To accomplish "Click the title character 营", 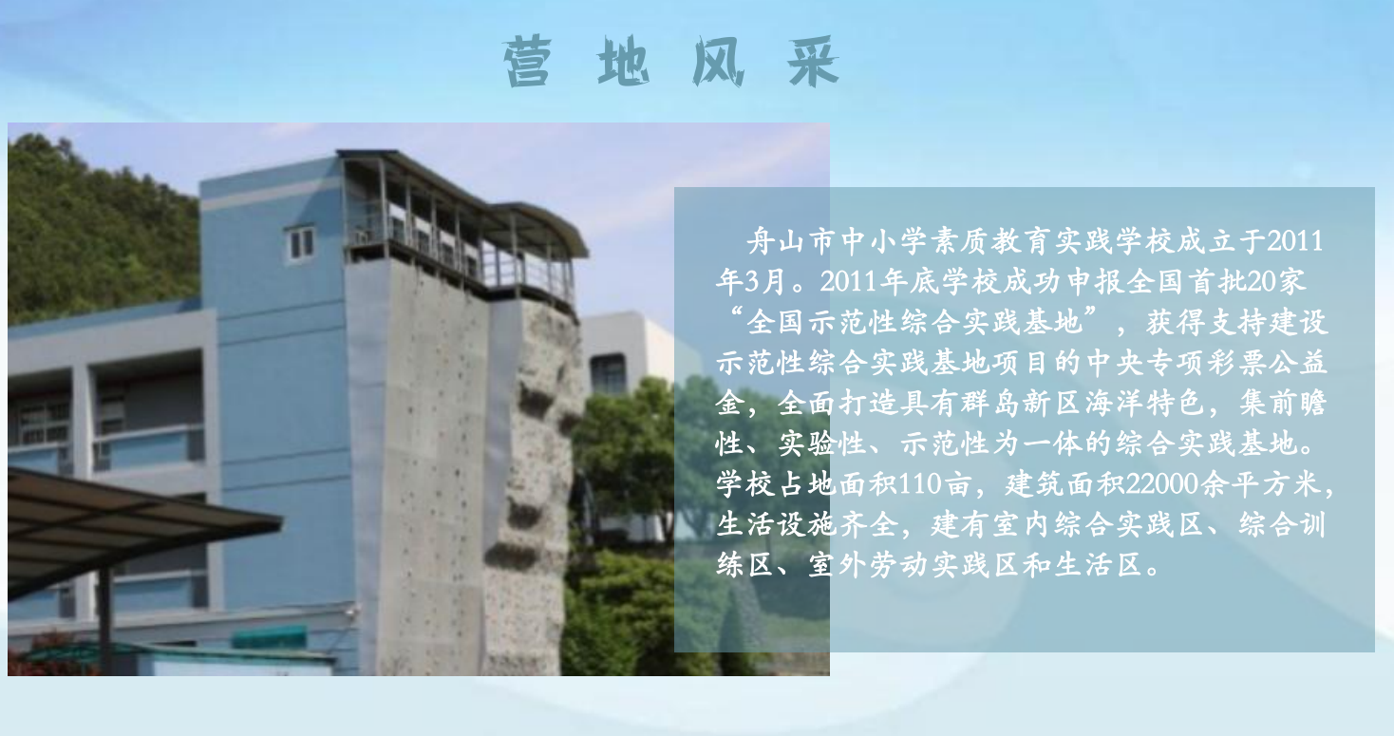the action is [527, 62].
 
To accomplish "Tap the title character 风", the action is [718, 62].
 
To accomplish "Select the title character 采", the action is [813, 62].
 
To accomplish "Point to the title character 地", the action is [623, 62].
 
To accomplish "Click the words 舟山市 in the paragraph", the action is [792, 242].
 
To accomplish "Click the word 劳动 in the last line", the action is [899, 565].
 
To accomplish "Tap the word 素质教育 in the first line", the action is [991, 242].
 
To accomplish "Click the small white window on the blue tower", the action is [301, 244].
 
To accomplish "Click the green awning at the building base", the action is [270, 637].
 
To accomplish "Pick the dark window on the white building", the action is [608, 372].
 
